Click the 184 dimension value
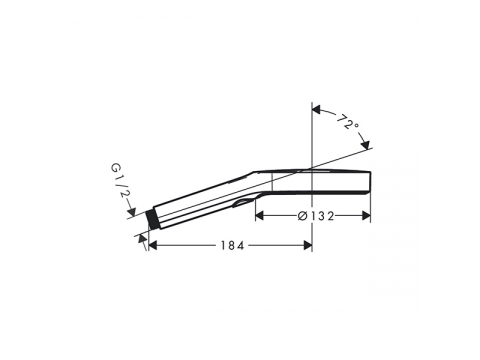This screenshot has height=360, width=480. pos(232,246)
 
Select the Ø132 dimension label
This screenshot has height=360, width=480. pos(315,216)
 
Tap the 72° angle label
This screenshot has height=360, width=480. pos(348,122)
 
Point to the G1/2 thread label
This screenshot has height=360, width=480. pos(120,182)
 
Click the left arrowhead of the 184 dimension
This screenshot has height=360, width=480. pos(152,246)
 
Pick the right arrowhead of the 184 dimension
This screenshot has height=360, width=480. pos(308,246)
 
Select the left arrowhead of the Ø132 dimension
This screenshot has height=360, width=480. pos(259,216)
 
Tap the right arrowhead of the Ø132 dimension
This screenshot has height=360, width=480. pos(366,216)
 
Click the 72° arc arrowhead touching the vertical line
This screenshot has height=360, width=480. pos(316,110)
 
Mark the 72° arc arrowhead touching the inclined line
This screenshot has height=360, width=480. pos(366,145)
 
